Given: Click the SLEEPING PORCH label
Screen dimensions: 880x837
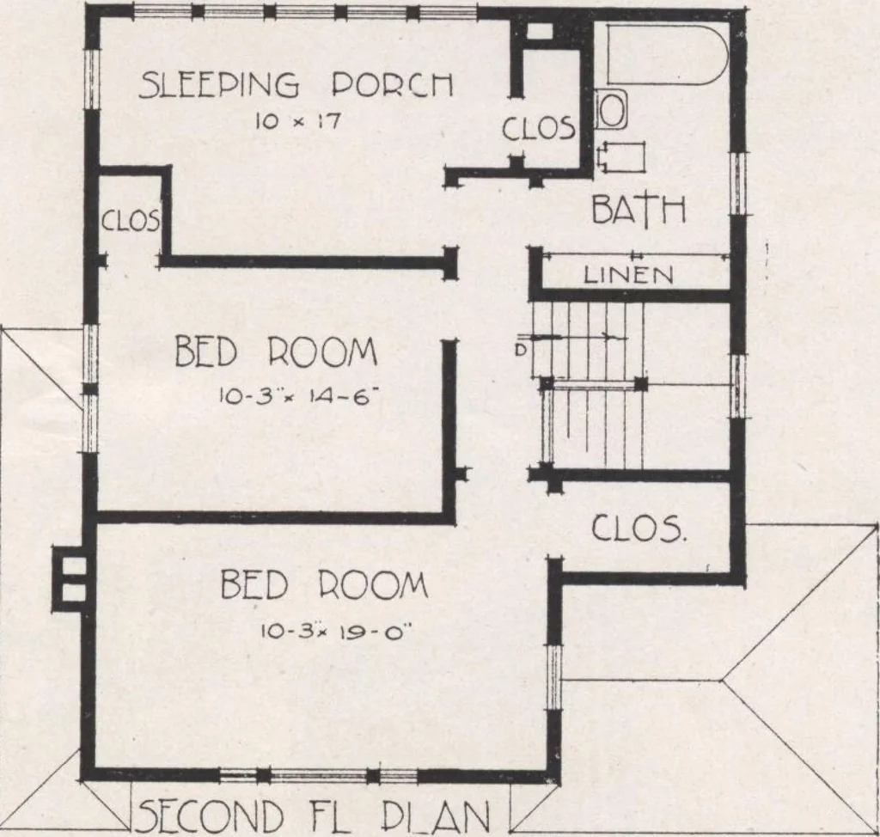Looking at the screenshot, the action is click(296, 85).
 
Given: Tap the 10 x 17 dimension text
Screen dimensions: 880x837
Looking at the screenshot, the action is click(298, 121).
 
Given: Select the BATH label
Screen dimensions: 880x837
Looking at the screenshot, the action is click(639, 210).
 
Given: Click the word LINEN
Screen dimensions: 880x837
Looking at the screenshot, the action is click(628, 275).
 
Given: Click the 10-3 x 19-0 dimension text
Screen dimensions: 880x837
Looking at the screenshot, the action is click(336, 632).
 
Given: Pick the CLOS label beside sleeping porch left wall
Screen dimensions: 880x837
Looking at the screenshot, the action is click(131, 220).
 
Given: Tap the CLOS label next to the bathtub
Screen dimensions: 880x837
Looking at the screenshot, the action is click(539, 128).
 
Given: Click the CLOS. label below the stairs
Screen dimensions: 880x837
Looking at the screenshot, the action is click(639, 528).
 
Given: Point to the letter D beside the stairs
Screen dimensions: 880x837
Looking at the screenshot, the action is click(520, 351).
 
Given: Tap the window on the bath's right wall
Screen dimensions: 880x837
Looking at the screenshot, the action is click(738, 183).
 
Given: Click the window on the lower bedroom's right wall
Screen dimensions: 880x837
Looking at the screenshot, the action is click(554, 676).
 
